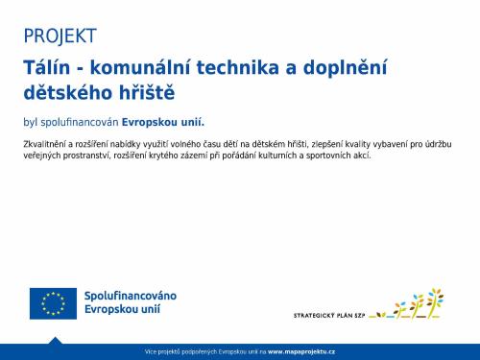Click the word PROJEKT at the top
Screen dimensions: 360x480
[x=60, y=36]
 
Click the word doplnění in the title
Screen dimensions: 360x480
[x=370, y=68]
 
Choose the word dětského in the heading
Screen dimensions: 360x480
[x=69, y=93]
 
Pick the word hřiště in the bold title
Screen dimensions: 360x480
[x=149, y=93]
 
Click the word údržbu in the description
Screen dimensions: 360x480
[x=436, y=143]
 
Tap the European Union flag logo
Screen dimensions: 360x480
[x=53, y=302]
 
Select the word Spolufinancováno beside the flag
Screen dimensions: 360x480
[x=131, y=295]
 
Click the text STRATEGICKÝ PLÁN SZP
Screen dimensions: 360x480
[x=329, y=314]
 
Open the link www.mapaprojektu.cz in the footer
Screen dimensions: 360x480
[x=301, y=352]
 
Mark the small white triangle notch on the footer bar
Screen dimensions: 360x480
[x=55, y=340]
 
